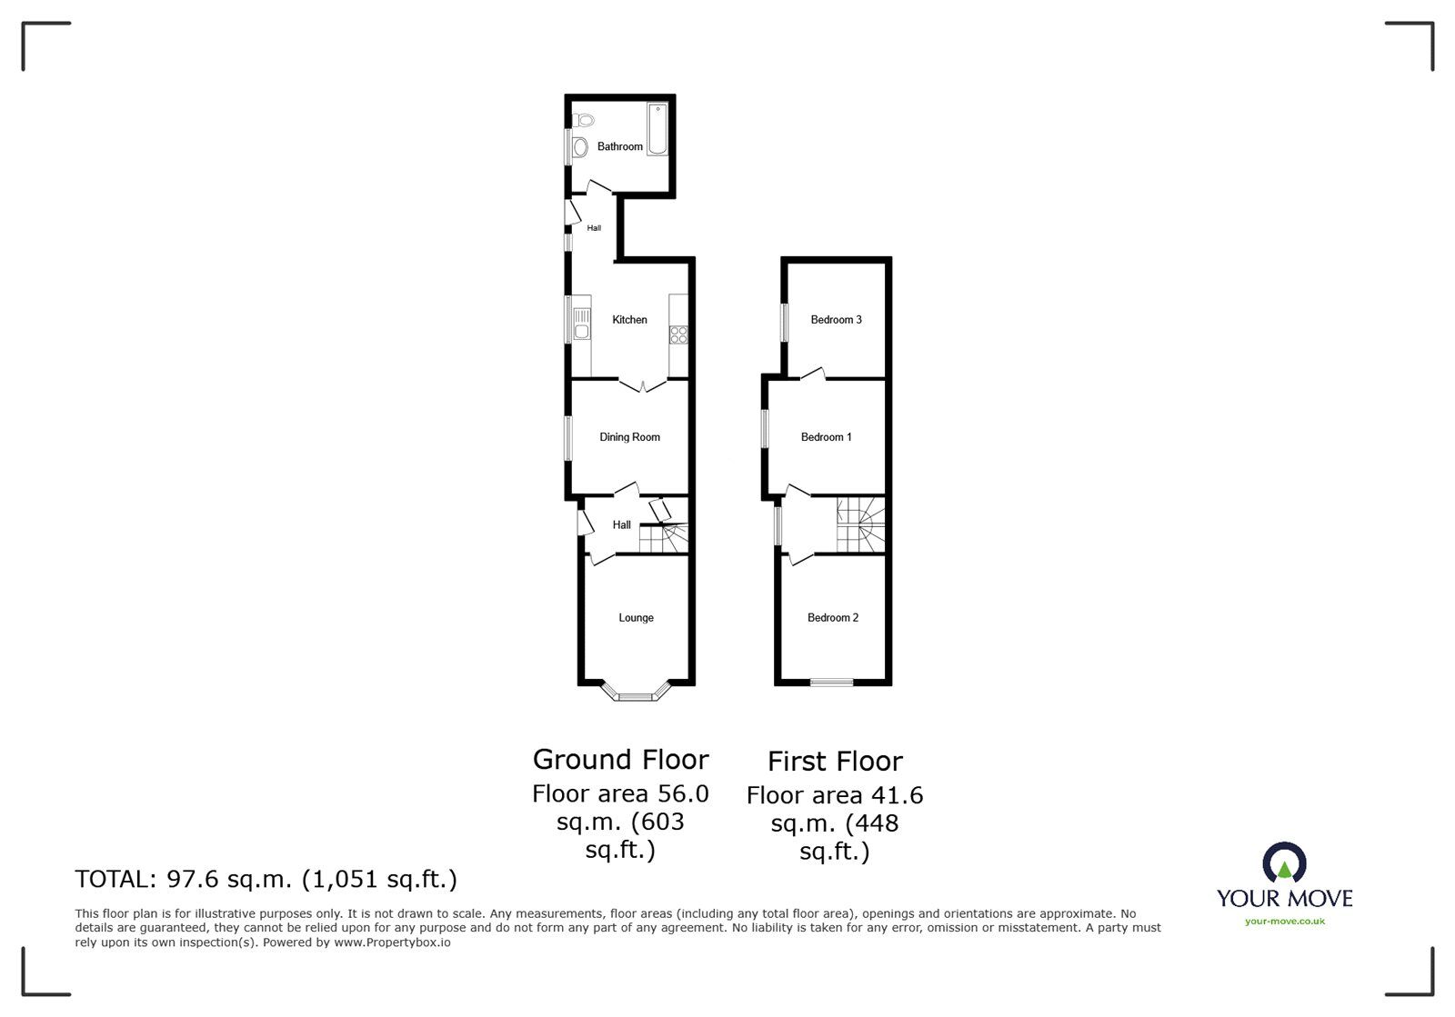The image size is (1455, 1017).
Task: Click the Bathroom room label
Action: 619,146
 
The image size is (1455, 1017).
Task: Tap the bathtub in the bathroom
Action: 657,130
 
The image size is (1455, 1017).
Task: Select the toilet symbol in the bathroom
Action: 585,119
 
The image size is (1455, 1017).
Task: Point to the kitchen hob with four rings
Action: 678,334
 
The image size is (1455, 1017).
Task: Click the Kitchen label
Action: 629,320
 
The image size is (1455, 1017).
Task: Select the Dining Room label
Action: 629,437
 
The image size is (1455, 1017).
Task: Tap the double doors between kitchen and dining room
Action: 642,386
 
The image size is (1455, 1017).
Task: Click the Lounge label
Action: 636,618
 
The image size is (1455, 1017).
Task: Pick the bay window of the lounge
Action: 636,697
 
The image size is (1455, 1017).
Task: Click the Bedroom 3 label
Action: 836,320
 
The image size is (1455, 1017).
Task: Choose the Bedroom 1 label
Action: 826,437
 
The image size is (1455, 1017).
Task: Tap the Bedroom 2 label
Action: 832,618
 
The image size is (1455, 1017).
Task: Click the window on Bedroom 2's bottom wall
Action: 832,683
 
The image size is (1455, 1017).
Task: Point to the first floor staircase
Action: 860,524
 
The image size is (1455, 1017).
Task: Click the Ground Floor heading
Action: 620,760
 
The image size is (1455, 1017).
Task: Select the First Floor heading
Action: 834,762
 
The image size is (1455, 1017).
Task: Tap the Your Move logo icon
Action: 1284,862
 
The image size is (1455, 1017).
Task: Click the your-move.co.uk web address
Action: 1284,922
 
